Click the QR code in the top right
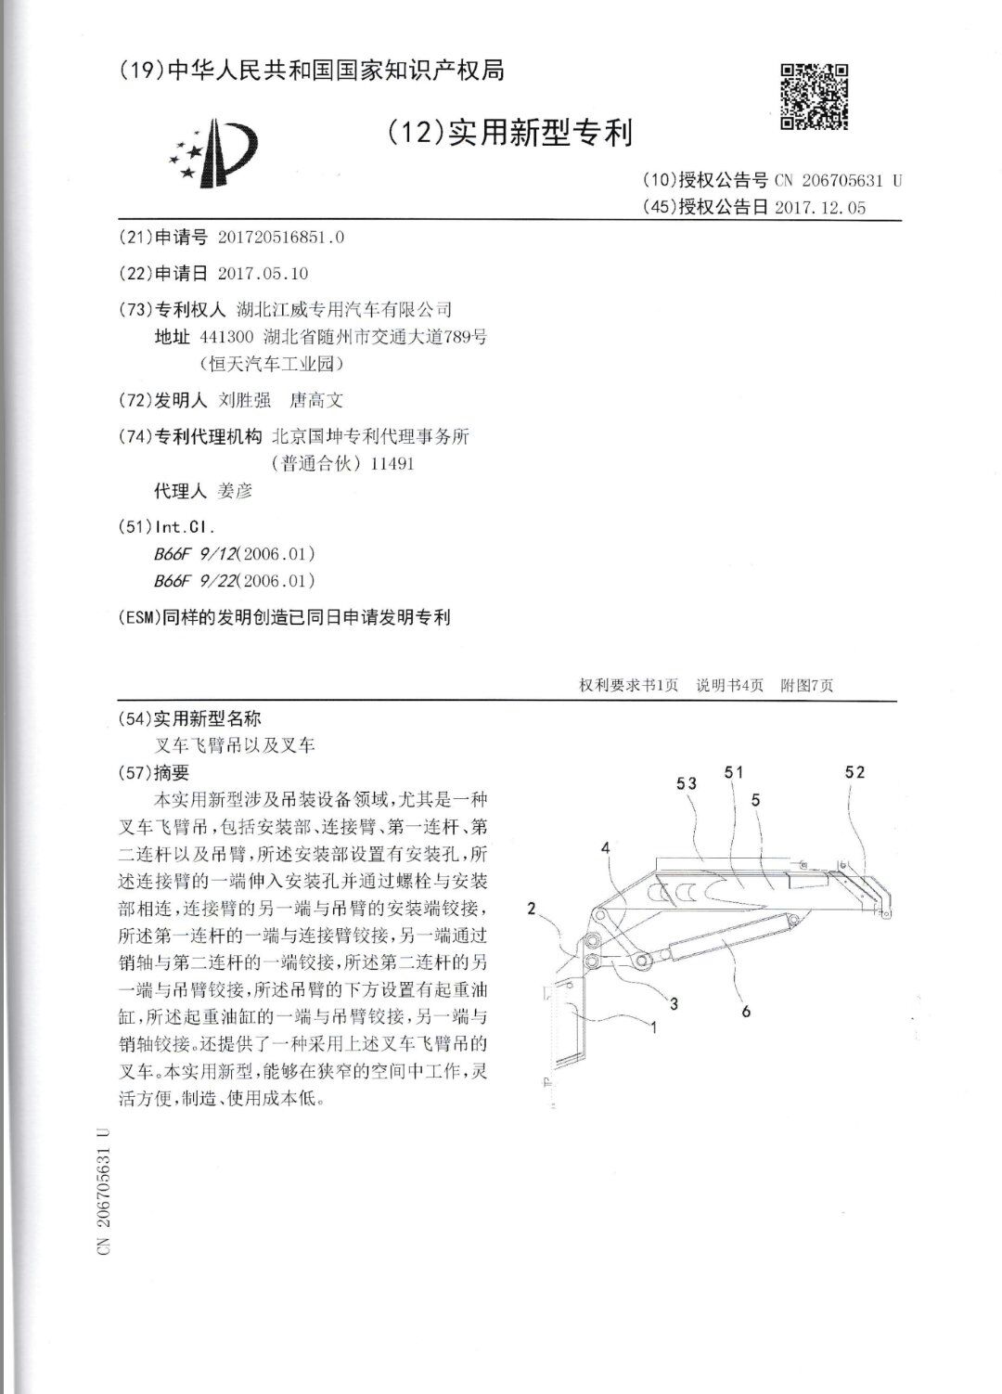(814, 96)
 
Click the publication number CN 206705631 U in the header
(836, 181)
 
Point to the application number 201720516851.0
(281, 237)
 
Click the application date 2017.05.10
(263, 273)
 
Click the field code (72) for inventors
(135, 400)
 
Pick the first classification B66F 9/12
(196, 554)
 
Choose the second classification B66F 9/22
(196, 581)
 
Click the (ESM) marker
(140, 617)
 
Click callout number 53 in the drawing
(687, 784)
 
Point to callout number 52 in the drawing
(854, 771)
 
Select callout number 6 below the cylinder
(746, 1011)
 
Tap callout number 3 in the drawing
(674, 1003)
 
